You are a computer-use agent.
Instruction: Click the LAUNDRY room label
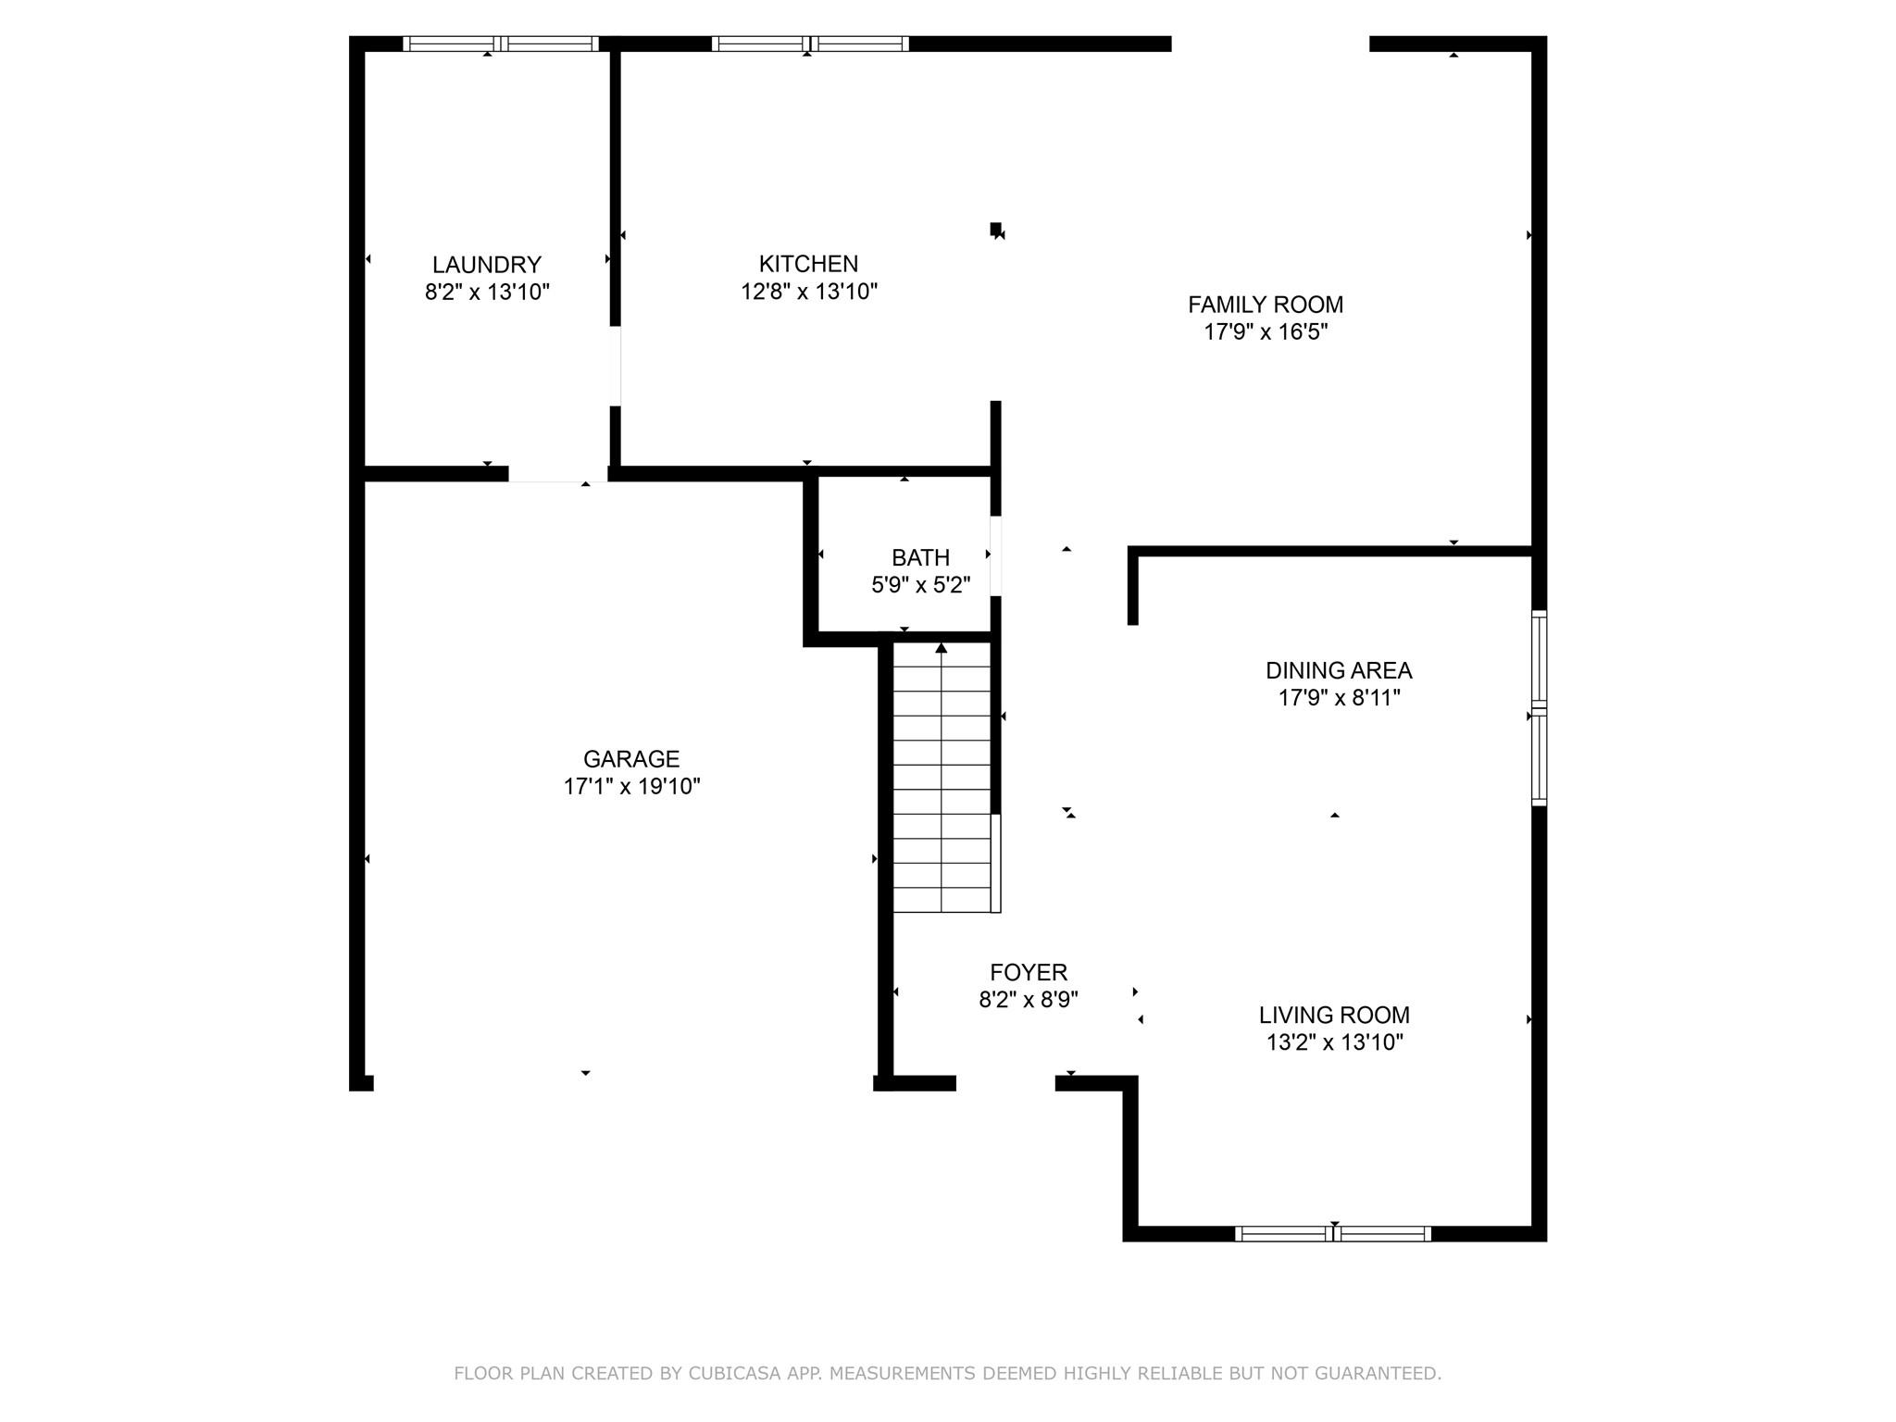click(487, 265)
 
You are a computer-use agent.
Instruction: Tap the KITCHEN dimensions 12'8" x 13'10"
click(808, 293)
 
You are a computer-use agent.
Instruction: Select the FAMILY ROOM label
click(1266, 305)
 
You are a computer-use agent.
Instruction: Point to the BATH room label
click(920, 557)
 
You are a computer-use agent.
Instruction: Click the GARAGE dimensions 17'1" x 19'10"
click(631, 787)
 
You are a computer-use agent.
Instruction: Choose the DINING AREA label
click(1339, 670)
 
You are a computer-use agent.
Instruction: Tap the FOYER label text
click(1029, 972)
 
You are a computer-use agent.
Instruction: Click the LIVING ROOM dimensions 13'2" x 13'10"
click(1334, 1042)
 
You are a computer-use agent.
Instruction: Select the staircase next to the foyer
click(942, 778)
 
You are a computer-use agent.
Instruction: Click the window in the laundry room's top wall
click(501, 44)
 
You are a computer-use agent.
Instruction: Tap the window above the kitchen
click(810, 44)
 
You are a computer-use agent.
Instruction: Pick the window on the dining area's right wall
click(1539, 708)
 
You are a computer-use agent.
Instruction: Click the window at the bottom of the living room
click(1333, 1233)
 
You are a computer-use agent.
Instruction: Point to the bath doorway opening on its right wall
click(996, 555)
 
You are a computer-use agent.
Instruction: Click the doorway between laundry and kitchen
click(616, 366)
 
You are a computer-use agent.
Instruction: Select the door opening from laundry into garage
click(557, 474)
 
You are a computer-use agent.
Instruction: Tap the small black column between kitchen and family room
click(995, 229)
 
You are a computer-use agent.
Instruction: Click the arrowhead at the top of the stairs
click(942, 648)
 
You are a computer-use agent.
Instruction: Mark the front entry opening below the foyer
click(1005, 1083)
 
